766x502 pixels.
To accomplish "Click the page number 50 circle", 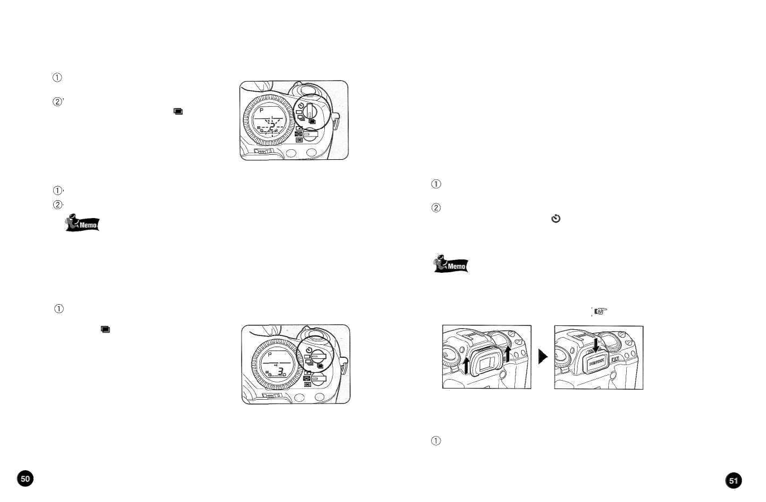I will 25,479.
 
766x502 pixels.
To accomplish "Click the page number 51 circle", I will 733,480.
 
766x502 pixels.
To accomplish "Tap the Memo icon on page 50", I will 83,223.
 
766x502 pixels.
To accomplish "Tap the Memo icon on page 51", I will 451,264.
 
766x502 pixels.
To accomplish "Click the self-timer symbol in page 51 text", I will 555,219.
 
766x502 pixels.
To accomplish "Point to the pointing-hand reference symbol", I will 600,311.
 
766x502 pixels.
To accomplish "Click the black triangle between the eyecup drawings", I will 542,357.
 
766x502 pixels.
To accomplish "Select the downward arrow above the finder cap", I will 597,344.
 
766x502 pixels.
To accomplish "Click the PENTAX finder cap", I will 596,363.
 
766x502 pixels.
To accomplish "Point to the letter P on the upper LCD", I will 261,111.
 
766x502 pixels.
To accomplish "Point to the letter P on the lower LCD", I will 269,356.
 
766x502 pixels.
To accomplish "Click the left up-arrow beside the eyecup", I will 466,365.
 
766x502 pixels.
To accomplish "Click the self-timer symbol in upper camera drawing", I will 300,106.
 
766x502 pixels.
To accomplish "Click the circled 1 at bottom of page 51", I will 436,441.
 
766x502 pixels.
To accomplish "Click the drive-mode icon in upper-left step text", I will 178,111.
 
